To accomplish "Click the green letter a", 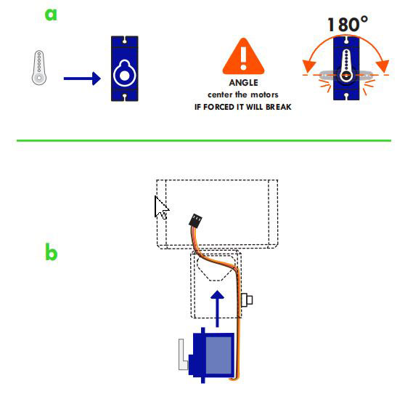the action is [x=51, y=15].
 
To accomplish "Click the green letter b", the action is [x=51, y=251].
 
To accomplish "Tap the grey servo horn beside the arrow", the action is [x=39, y=68].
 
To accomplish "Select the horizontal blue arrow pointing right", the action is [x=82, y=78].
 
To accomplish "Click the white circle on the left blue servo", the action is [x=124, y=76].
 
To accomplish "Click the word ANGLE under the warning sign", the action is [x=243, y=83].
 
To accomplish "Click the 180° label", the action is [x=348, y=25].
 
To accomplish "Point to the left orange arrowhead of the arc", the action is [x=309, y=66].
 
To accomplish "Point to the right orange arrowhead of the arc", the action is [x=382, y=66].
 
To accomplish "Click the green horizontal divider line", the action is [x=204, y=141].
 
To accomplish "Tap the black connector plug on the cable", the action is [x=195, y=221].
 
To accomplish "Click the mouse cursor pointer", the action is [x=161, y=208].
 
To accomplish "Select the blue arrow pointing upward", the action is [x=217, y=309].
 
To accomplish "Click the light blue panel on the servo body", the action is [x=218, y=355].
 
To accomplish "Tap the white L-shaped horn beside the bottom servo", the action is [x=183, y=355].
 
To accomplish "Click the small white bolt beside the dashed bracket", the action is [x=247, y=300].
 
